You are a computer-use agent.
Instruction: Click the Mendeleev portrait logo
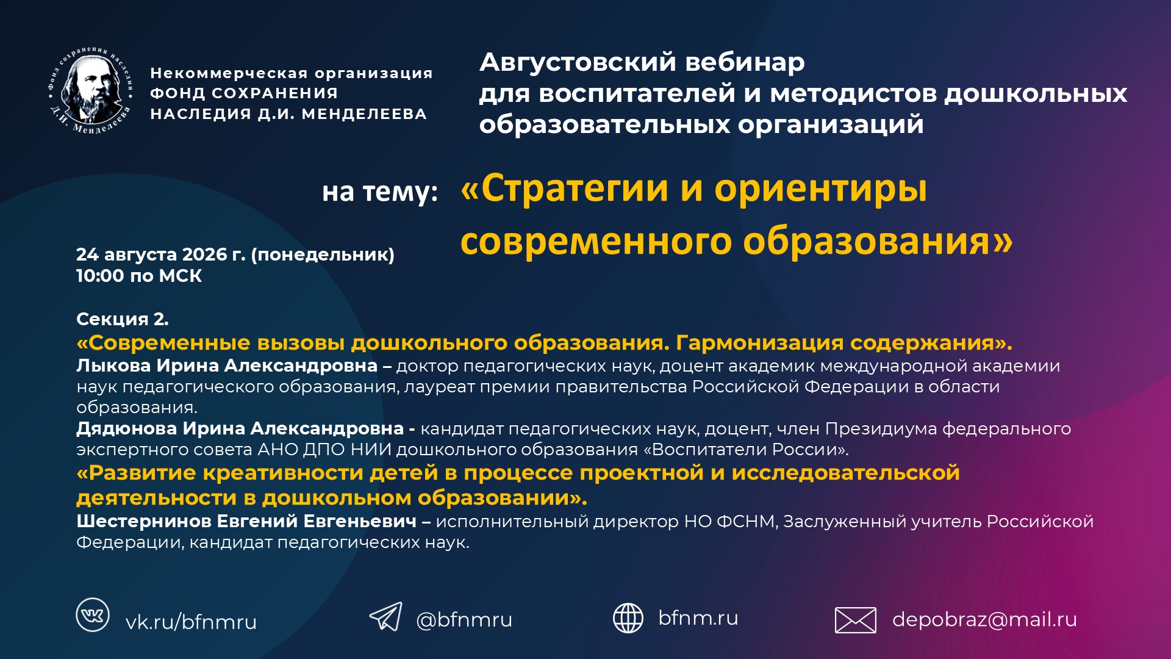91,90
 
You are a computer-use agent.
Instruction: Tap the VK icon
93,614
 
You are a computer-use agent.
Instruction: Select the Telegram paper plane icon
386,616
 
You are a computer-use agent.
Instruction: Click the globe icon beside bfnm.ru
628,618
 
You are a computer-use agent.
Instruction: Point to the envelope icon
855,620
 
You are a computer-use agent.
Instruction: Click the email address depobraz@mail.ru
984,619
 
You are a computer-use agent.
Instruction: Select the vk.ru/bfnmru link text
191,622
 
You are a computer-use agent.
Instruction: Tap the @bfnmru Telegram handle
464,619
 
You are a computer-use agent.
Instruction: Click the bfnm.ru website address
698,618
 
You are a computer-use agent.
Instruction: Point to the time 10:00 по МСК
139,276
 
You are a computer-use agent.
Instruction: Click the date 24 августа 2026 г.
160,254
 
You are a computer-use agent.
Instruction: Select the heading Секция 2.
123,319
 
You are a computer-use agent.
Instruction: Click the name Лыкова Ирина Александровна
227,366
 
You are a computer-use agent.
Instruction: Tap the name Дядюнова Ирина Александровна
240,428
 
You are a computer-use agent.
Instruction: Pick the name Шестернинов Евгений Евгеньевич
246,521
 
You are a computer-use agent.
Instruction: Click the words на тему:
380,192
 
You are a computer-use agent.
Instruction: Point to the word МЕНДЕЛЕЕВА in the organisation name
364,114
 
